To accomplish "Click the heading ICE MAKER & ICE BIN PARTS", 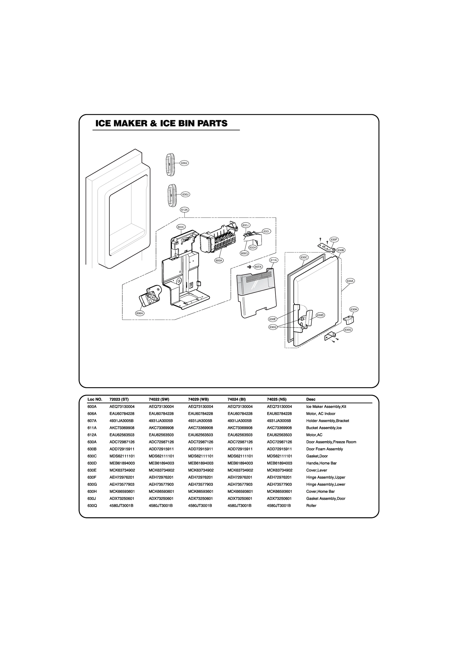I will click(161, 124).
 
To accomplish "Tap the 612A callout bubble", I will click(185, 210).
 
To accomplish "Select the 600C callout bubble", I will click(181, 227).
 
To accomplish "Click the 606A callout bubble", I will click(140, 313).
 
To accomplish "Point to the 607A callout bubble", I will click(258, 267).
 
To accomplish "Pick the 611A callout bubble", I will click(274, 260).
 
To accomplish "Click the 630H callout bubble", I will click(354, 309).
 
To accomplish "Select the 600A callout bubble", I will click(219, 261).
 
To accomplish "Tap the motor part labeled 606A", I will click(150, 298).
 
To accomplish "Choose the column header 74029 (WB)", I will click(198, 399).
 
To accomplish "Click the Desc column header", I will click(311, 399).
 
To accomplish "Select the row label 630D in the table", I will click(92, 463).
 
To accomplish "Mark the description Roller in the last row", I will click(311, 505).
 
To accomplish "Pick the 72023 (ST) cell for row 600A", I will click(122, 407).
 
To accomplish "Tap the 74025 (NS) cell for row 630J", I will click(279, 498).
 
